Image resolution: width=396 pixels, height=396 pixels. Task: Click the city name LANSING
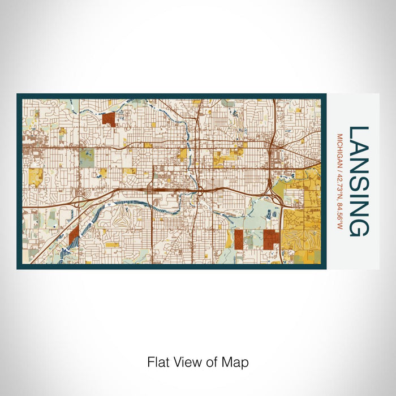coord(359,181)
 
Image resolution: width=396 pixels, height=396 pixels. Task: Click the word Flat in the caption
coord(158,361)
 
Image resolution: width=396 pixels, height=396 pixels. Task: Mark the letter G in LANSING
coord(359,227)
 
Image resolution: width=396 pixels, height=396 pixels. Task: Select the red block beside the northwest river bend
coord(109,118)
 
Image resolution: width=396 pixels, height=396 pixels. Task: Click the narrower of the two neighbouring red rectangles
coord(239,239)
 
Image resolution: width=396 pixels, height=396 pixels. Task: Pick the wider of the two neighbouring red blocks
coord(271,239)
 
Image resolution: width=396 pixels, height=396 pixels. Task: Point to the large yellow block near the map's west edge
coord(36,177)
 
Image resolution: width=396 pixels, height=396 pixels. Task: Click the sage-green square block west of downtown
coord(87,158)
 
